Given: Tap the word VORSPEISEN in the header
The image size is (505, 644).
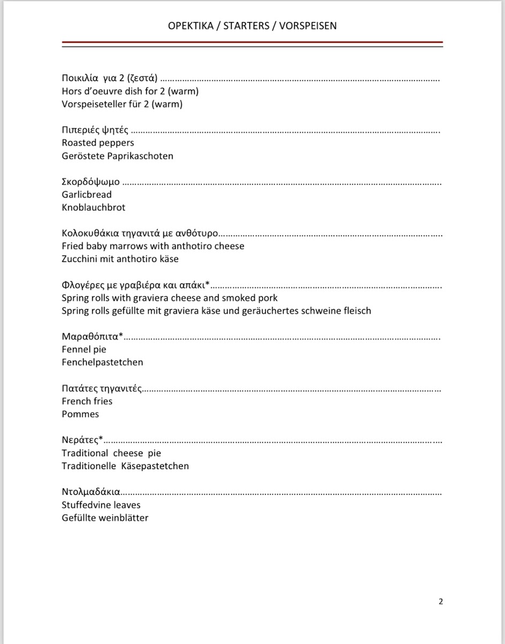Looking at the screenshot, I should pyautogui.click(x=308, y=26).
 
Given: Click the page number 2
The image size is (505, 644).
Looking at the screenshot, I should pyautogui.click(x=441, y=602).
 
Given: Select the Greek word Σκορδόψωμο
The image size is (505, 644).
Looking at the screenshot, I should pyautogui.click(x=91, y=182).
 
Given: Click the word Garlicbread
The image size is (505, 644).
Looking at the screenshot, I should pyautogui.click(x=87, y=194).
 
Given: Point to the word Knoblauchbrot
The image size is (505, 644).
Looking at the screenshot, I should pyautogui.click(x=94, y=207).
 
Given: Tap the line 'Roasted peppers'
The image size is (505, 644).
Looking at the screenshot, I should pyautogui.click(x=98, y=143).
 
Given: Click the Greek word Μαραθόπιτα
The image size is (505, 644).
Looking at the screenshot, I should pyautogui.click(x=91, y=336).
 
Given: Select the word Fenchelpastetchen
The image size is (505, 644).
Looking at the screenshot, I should pyautogui.click(x=102, y=362).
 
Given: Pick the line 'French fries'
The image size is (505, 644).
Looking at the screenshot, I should pyautogui.click(x=87, y=401).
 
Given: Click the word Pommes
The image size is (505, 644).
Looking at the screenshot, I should pyautogui.click(x=80, y=414).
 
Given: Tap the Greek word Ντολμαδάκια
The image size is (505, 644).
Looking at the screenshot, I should pyautogui.click(x=91, y=492).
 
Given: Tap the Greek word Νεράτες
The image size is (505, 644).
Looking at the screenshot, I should pyautogui.click(x=81, y=440).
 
